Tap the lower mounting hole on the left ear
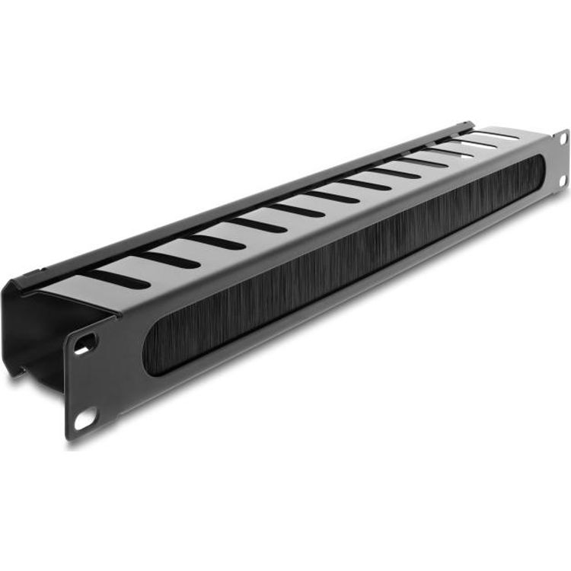(85, 417)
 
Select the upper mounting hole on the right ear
(563, 139)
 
